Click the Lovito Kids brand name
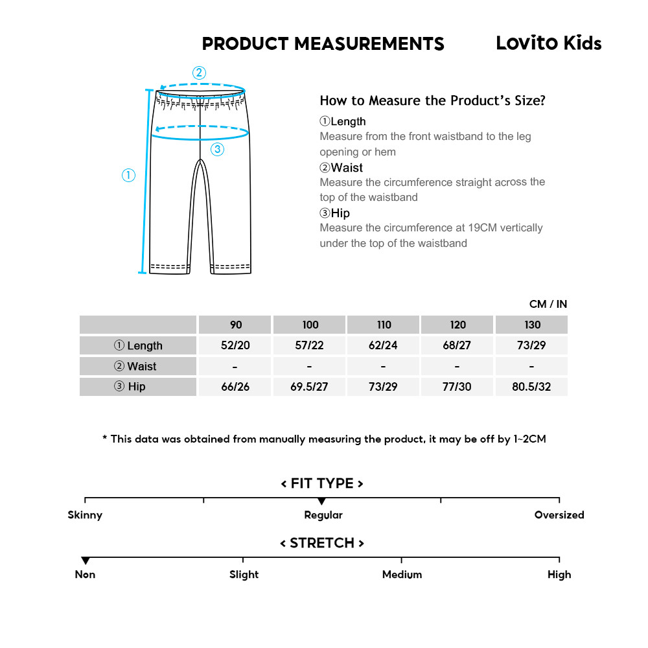pos(548,43)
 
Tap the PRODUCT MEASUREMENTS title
pos(323,44)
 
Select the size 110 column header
pos(383,325)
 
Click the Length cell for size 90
pos(235,345)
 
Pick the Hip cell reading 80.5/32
pos(531,387)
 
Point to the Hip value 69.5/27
pos(309,387)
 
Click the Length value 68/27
pos(457,345)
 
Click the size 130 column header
pos(531,325)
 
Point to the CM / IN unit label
pos(548,304)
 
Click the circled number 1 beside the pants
pos(129,175)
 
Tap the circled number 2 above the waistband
pos(199,73)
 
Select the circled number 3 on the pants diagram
pos(217,149)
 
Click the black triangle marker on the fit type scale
pos(322,502)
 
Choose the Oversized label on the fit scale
pos(559,515)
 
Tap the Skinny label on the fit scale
pos(85,515)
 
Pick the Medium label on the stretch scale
pos(402,575)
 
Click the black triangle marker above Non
pos(85,561)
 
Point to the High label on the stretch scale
pos(559,575)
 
